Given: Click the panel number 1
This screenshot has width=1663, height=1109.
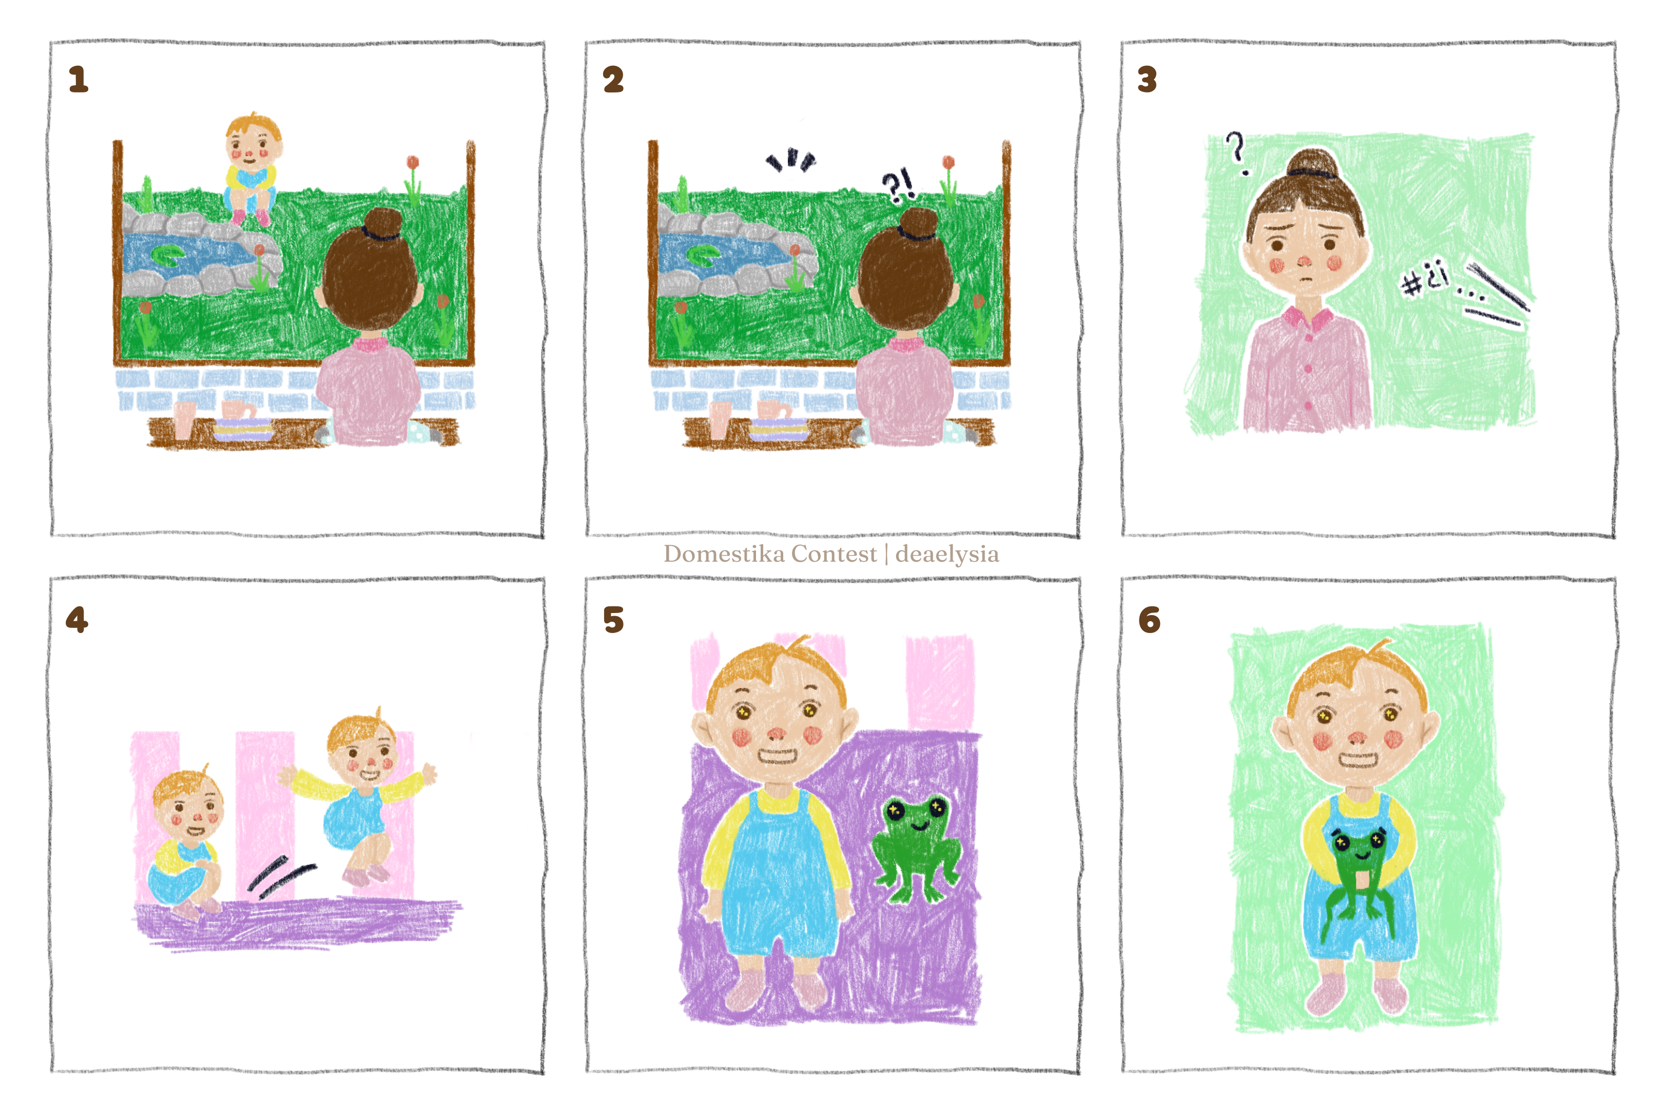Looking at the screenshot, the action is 79,79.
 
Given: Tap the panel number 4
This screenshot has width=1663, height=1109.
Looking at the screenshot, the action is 77,620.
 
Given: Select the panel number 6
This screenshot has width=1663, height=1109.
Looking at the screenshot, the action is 1149,620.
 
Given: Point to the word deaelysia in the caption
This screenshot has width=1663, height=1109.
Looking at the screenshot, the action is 947,554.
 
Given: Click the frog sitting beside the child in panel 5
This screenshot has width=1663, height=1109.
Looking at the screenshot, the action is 916,849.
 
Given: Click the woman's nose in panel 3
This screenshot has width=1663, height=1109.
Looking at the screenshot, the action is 1305,262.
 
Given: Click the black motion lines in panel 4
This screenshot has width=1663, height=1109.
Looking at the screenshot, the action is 279,877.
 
